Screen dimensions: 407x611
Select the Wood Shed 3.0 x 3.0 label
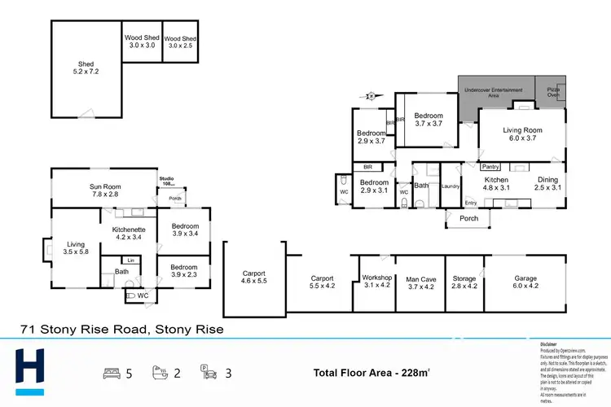pos(141,42)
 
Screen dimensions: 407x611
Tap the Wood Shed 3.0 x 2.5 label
pos(180,42)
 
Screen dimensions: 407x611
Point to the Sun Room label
pos(103,190)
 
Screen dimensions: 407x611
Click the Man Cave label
pos(422,282)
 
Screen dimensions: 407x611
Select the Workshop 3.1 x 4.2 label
pos(377,282)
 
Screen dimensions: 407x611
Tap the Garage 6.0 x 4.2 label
pos(525,282)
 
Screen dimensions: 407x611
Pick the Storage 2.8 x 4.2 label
pos(465,282)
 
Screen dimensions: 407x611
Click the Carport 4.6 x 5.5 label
pos(254,277)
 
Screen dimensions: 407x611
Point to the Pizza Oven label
pos(553,91)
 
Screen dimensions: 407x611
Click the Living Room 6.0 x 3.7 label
pos(522,133)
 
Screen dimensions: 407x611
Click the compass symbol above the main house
pos(370,96)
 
